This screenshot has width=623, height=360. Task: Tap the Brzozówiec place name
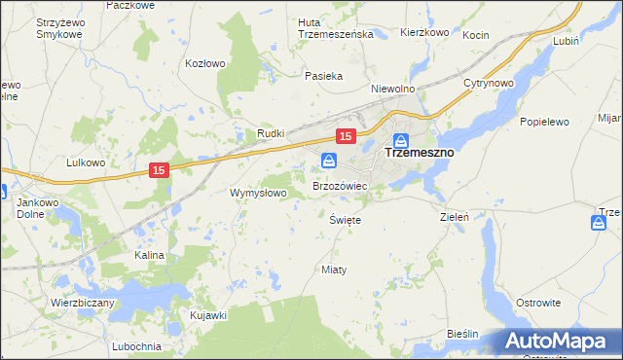click(x=339, y=185)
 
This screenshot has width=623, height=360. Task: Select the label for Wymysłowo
click(x=258, y=193)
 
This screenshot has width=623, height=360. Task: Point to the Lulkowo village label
click(x=86, y=162)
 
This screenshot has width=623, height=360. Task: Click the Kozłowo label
click(x=205, y=63)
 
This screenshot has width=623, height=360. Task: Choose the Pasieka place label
click(x=323, y=76)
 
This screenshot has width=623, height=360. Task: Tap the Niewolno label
click(x=393, y=88)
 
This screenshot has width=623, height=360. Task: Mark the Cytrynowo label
click(x=489, y=83)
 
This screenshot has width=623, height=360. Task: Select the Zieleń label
click(x=456, y=217)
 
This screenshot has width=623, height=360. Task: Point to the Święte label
click(x=346, y=221)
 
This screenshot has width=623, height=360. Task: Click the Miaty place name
click(x=334, y=269)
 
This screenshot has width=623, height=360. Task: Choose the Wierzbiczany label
click(x=83, y=303)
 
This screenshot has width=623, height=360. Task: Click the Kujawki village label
click(x=208, y=315)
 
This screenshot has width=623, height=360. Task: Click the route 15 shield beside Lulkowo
click(x=162, y=170)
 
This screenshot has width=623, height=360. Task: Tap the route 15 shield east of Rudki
click(x=346, y=136)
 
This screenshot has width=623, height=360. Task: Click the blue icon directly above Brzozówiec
click(x=329, y=160)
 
